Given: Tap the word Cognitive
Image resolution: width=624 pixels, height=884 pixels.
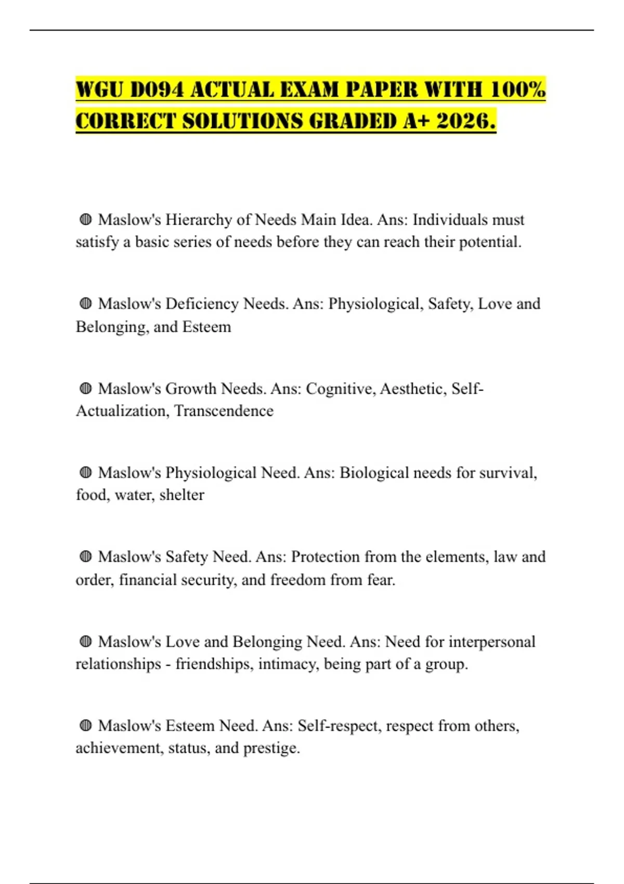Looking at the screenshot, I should pos(340,388).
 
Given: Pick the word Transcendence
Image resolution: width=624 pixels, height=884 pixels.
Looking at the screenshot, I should pos(224,411).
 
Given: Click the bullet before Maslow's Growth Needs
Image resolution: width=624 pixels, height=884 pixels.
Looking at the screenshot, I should pos(86,388).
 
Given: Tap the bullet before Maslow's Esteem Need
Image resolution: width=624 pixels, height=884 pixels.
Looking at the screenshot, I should pos(86,725).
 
